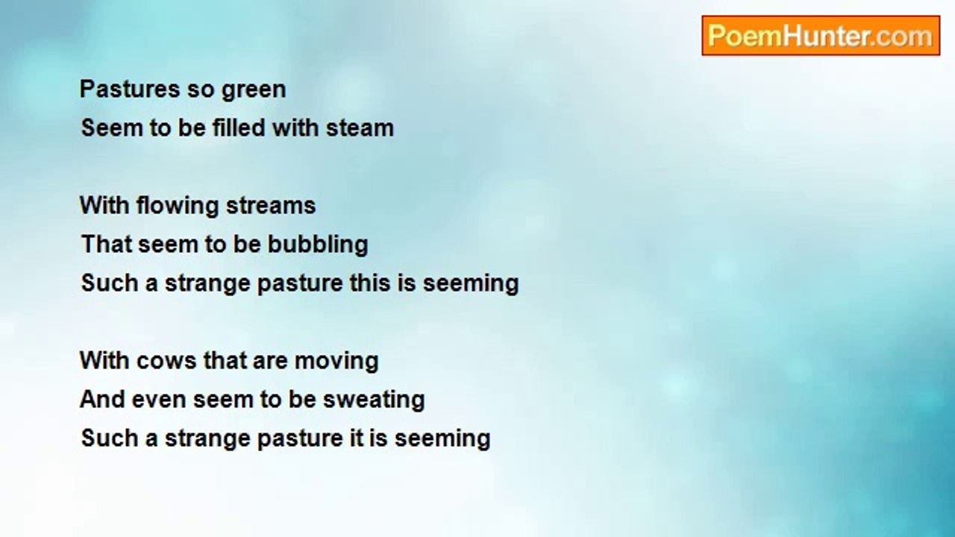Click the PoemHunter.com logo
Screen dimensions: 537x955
click(x=820, y=36)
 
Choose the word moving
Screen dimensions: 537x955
click(x=336, y=362)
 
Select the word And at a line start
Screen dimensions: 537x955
click(x=102, y=400)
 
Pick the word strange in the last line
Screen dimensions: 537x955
click(x=207, y=439)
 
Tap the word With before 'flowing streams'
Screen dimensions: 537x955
click(x=104, y=206)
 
